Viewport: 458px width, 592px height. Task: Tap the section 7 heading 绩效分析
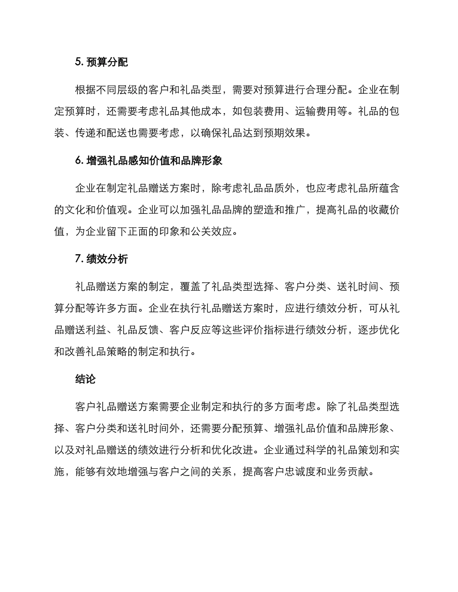(107, 259)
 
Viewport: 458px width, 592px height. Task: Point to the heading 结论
(86, 379)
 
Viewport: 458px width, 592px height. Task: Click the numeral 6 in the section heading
(78, 161)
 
